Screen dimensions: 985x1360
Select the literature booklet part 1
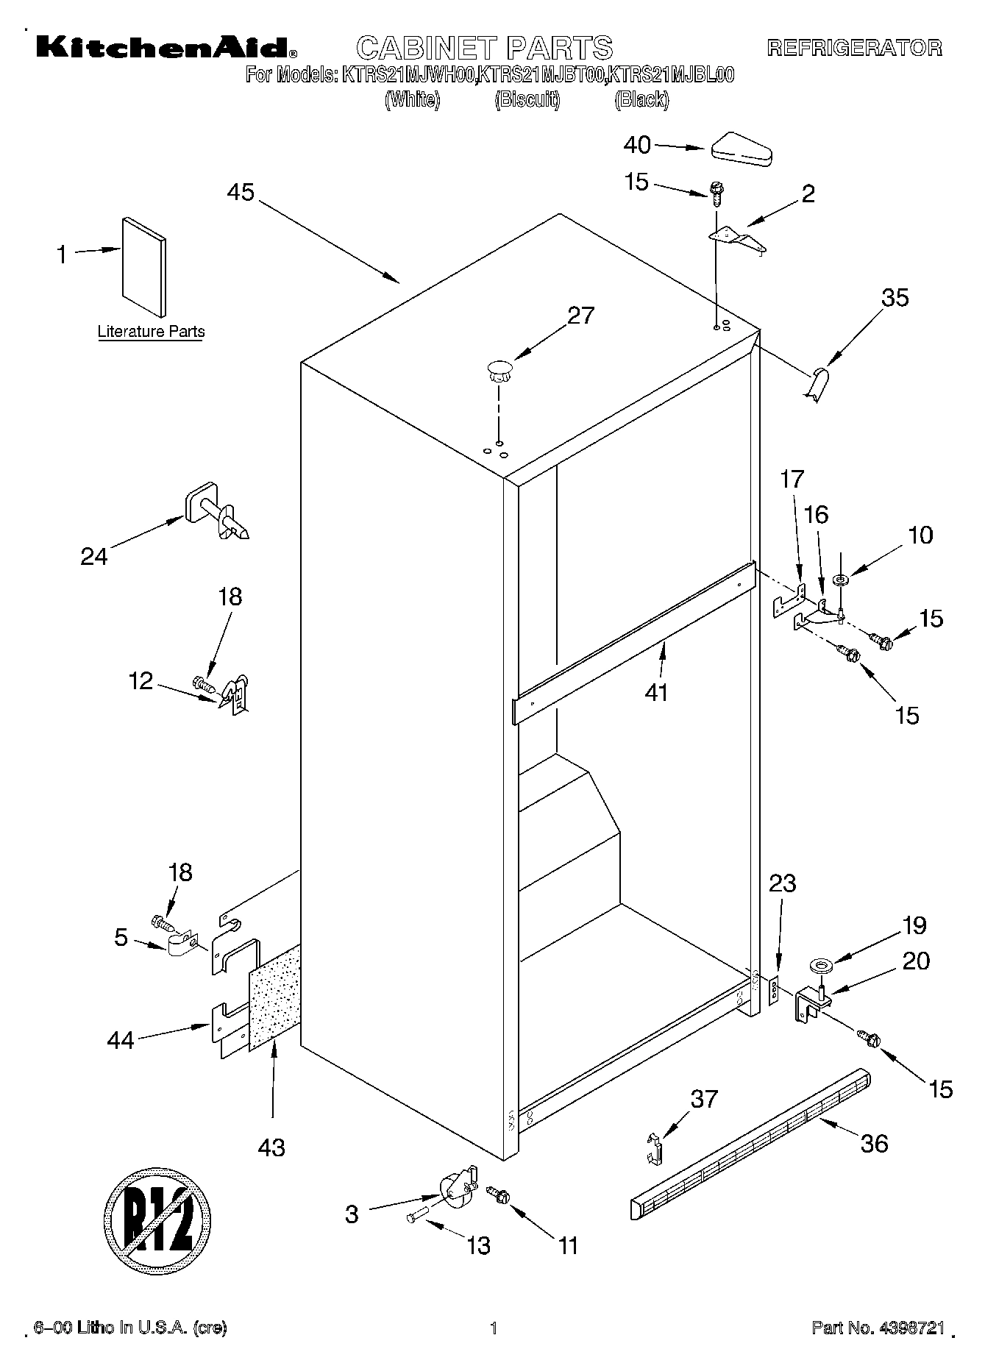click(x=144, y=266)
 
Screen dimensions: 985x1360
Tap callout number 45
click(x=241, y=193)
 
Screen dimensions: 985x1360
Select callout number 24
click(x=94, y=556)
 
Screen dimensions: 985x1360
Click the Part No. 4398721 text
click(x=878, y=1328)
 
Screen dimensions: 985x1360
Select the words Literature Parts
click(x=152, y=332)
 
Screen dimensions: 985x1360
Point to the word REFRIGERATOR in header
click(x=854, y=49)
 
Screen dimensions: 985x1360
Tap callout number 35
click(x=895, y=298)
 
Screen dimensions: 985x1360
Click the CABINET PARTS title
click(x=484, y=48)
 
